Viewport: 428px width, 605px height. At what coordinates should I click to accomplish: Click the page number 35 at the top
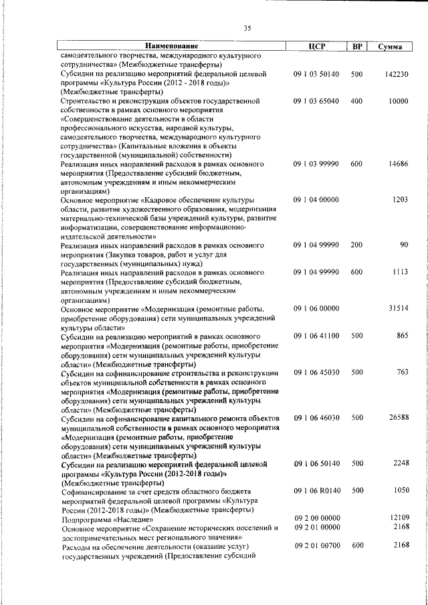[x=247, y=27]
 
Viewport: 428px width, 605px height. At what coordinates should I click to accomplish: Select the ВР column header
[x=357, y=47]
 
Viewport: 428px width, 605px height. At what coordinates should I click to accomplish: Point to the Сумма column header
[x=390, y=47]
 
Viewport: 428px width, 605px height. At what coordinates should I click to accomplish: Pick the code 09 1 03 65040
[x=316, y=101]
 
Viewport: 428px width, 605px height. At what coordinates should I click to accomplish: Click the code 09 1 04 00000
[x=316, y=200]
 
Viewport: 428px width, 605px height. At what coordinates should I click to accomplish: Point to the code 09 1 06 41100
[x=316, y=335]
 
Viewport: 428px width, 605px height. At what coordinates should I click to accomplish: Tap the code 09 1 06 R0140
[x=316, y=491]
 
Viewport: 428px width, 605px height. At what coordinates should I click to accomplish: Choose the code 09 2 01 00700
[x=316, y=546]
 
